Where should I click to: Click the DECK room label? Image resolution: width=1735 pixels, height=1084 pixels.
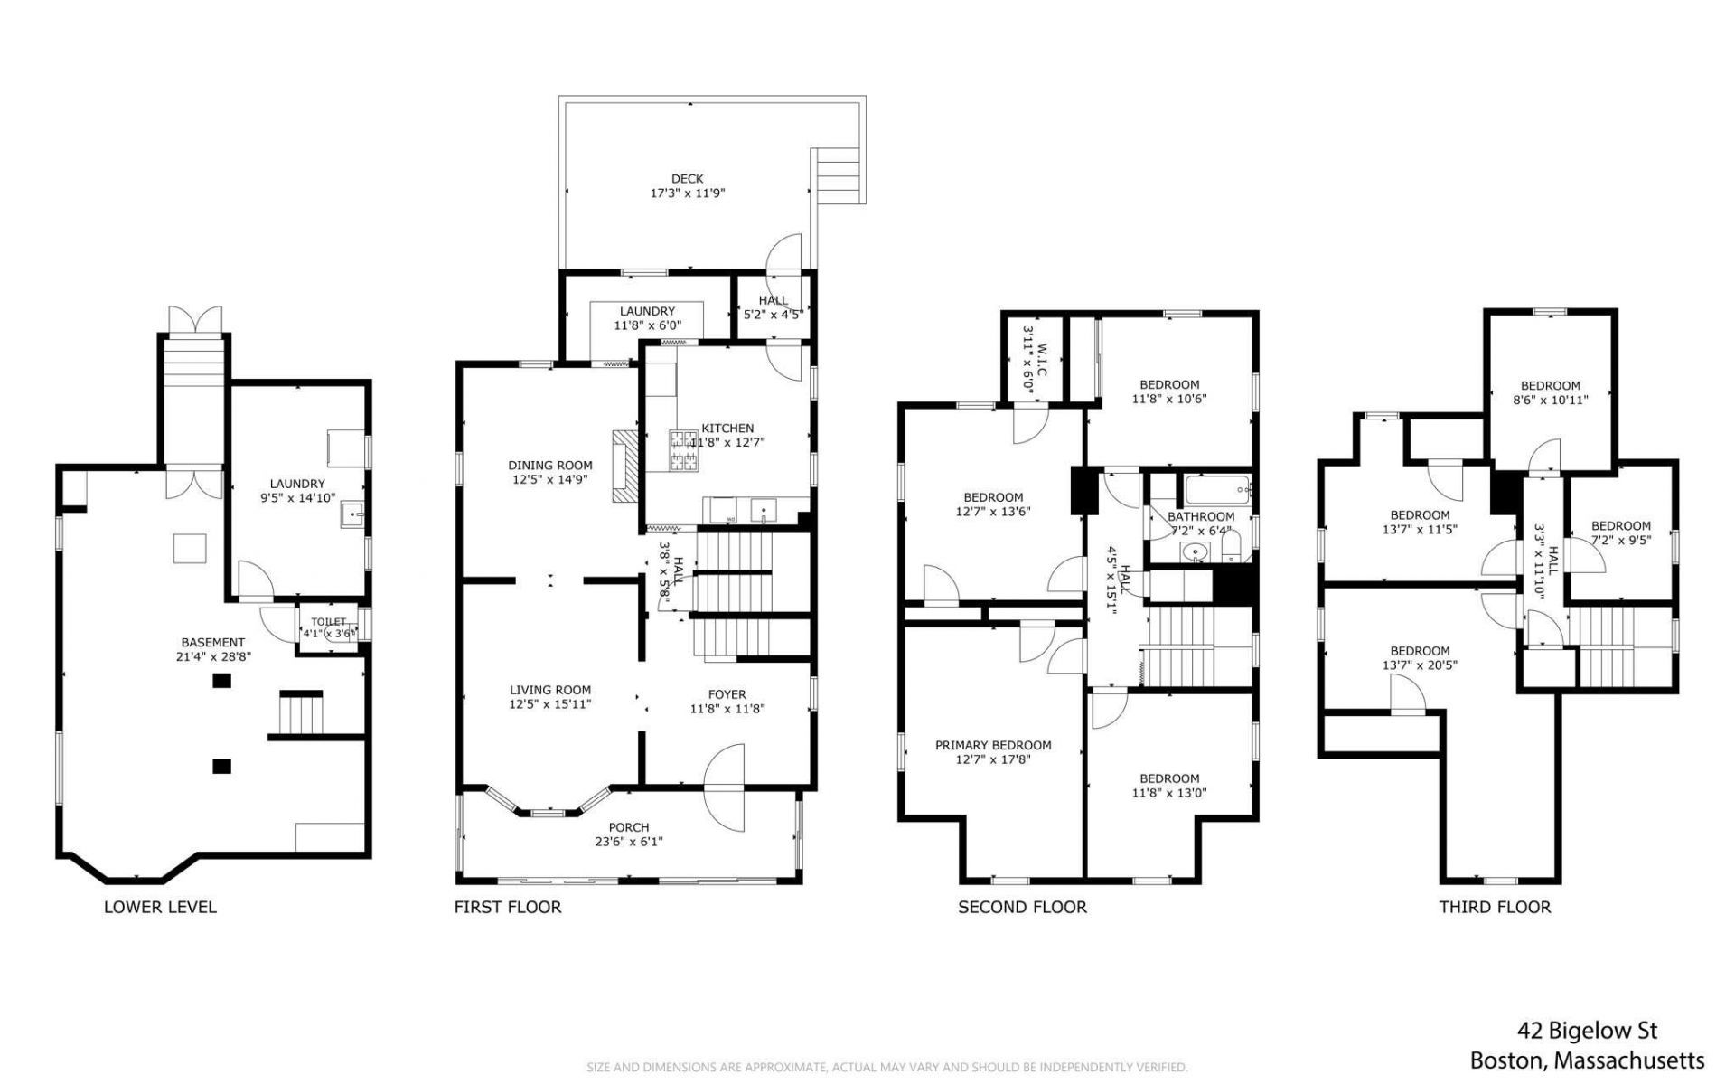click(x=687, y=179)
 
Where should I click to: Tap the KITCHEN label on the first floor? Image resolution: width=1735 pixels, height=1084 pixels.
click(x=727, y=429)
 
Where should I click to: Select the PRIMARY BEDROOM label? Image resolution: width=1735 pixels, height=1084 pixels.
click(x=993, y=746)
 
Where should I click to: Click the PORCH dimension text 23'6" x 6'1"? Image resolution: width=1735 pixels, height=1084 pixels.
click(x=629, y=842)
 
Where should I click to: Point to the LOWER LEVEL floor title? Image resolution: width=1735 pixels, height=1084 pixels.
click(x=160, y=907)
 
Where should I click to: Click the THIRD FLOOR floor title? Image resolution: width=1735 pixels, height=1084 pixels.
click(x=1495, y=907)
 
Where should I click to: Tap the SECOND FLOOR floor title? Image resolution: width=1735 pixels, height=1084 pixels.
click(x=1022, y=907)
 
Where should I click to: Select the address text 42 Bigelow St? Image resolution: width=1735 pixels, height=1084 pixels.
click(x=1587, y=1031)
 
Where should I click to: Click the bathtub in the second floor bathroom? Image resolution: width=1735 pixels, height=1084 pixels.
click(x=1218, y=491)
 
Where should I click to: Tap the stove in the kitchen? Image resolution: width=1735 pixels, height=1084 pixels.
click(x=683, y=451)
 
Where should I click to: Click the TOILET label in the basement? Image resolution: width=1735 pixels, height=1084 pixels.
click(x=329, y=622)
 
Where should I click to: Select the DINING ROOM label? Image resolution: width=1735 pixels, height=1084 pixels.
click(x=549, y=466)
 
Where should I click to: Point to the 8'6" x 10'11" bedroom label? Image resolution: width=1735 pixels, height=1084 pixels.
click(x=1550, y=400)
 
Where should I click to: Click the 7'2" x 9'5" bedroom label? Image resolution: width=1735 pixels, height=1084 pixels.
click(x=1621, y=541)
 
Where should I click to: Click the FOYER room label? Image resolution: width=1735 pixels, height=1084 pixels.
click(x=727, y=695)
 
